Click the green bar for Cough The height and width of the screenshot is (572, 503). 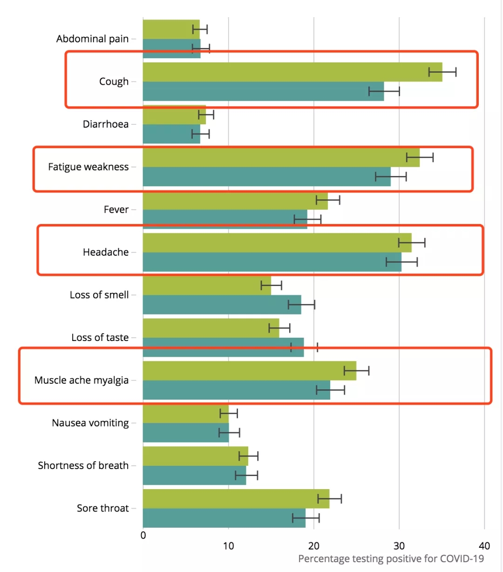click(292, 72)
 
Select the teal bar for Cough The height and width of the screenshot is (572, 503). click(263, 91)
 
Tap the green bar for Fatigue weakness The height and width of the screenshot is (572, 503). click(281, 157)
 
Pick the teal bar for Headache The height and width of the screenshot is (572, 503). click(272, 262)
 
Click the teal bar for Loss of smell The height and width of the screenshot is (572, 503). click(222, 305)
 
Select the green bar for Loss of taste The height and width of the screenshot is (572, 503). click(211, 328)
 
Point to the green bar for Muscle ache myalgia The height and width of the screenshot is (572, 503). click(249, 371)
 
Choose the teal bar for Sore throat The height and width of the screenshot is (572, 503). click(224, 518)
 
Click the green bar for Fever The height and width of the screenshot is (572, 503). click(235, 201)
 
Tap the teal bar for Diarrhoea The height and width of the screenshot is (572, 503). click(171, 134)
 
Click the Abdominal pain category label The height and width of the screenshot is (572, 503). click(92, 39)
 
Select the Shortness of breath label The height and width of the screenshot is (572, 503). click(83, 465)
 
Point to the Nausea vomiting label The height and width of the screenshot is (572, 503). click(90, 423)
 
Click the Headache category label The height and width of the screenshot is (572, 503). click(106, 252)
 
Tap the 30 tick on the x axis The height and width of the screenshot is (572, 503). click(399, 546)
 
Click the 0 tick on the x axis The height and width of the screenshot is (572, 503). click(143, 536)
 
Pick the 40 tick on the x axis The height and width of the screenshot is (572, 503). click(484, 546)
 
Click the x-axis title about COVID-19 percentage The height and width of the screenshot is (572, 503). click(391, 558)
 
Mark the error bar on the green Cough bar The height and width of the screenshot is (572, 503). click(442, 72)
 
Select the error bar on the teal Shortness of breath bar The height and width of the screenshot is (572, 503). click(246, 476)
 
